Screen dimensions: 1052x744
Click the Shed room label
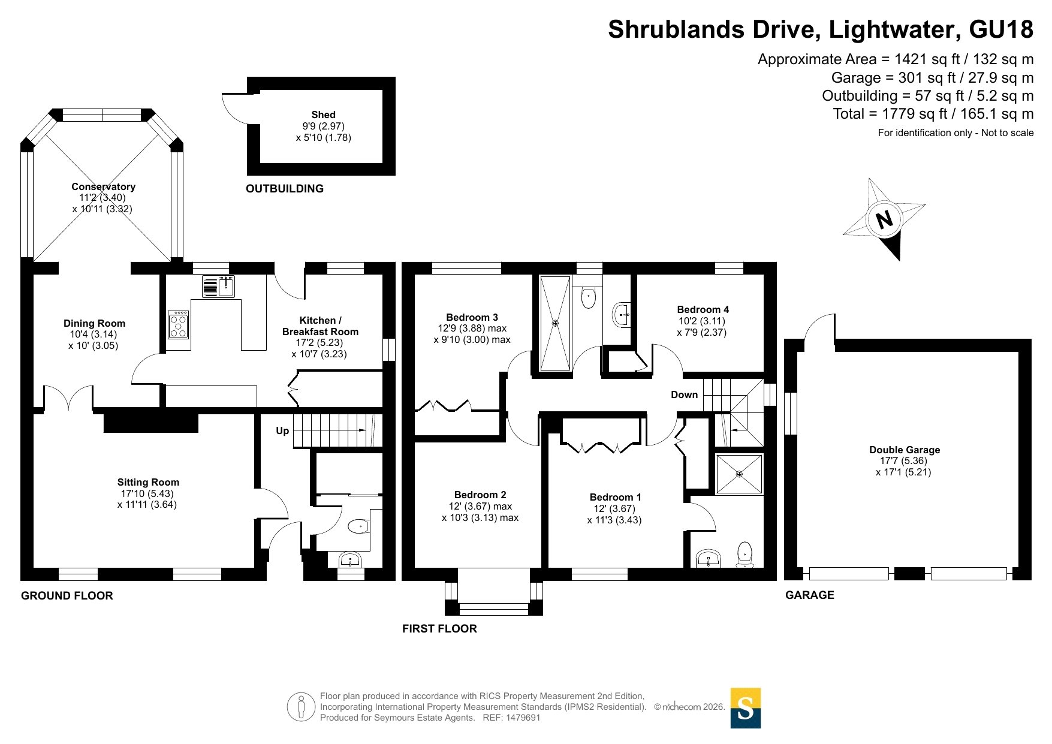coord(323,115)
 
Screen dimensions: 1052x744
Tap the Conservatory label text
coord(103,186)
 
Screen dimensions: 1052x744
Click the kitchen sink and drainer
coord(218,287)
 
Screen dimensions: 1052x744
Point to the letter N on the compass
coord(884,219)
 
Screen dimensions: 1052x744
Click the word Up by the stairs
coord(282,430)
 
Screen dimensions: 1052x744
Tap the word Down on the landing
coord(685,394)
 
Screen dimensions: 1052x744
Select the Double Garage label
coord(905,450)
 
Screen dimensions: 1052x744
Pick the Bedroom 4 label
coord(703,309)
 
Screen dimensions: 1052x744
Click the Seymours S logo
coord(746,708)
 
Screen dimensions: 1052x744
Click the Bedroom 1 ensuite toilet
coord(744,555)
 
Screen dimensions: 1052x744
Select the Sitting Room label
coord(148,482)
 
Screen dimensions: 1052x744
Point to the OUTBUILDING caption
coord(285,189)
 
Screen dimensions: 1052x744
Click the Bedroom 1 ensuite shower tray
coord(740,474)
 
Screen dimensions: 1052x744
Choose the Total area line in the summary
coord(933,114)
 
